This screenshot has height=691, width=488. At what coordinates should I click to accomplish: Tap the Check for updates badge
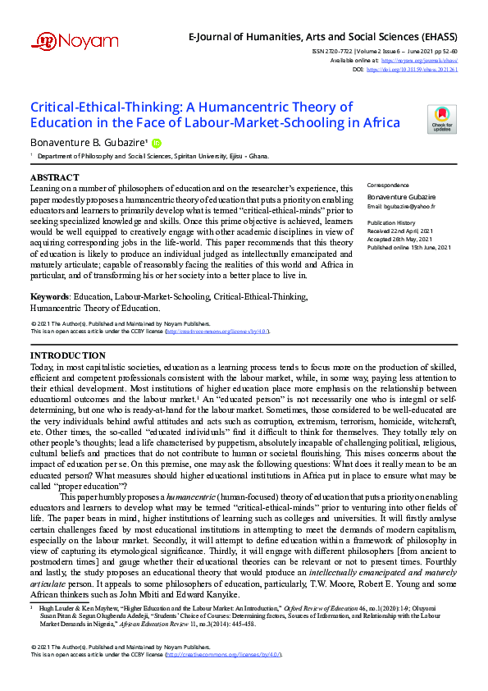(442, 120)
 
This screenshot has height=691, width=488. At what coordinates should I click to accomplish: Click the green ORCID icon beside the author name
(157, 143)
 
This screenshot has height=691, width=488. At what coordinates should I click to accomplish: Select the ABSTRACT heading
(55, 177)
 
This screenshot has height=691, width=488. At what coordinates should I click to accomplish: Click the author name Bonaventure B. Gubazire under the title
(89, 143)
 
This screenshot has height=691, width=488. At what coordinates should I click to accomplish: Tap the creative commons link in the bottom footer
(225, 677)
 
